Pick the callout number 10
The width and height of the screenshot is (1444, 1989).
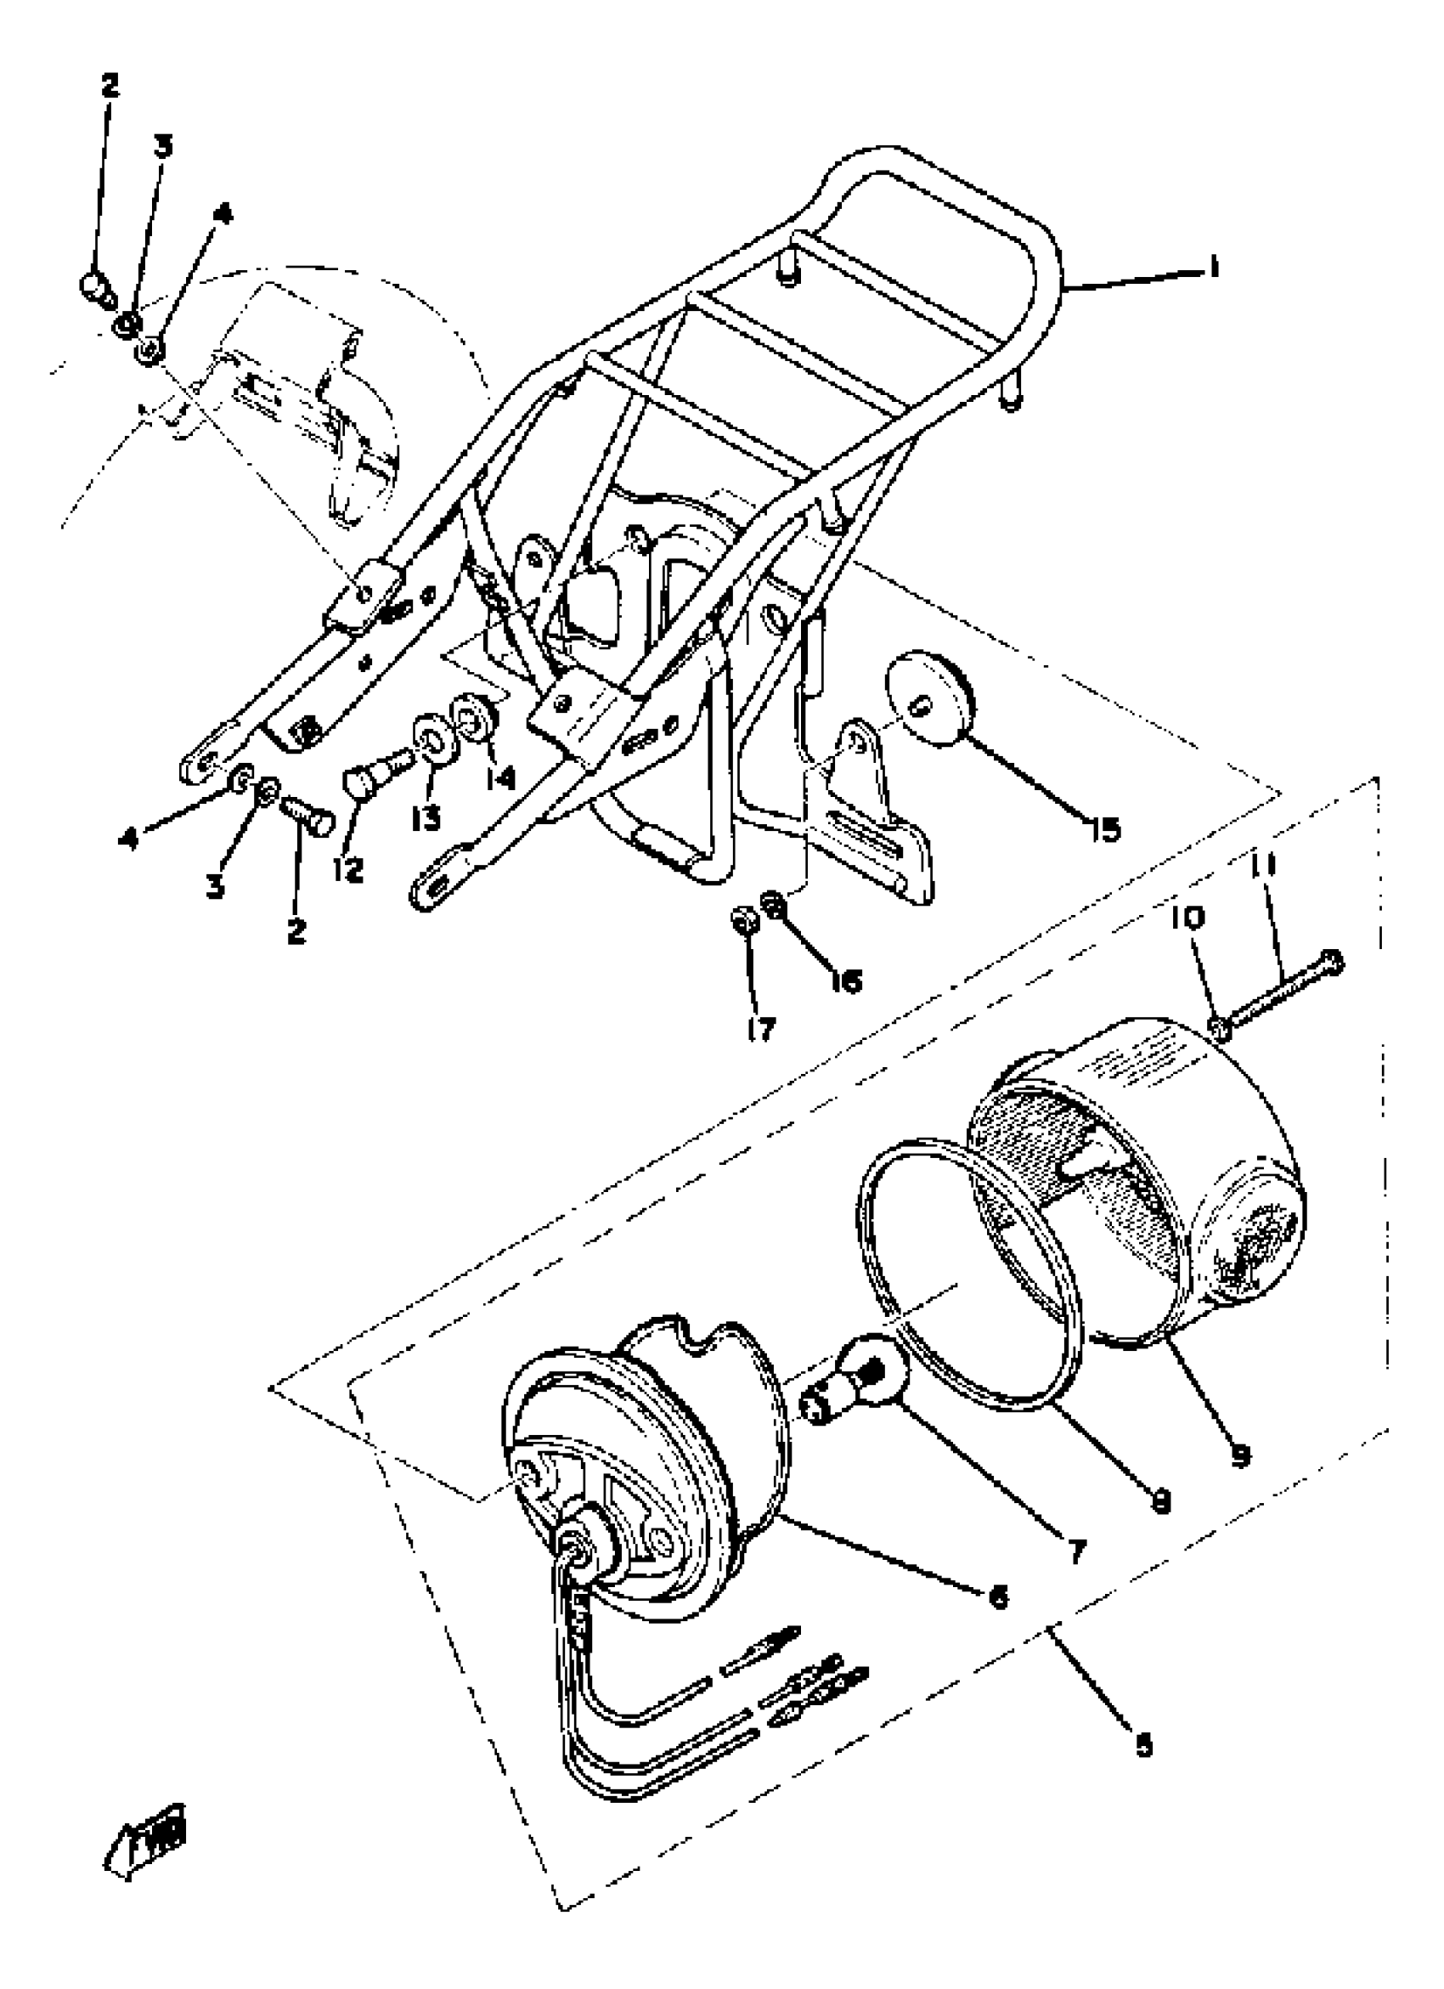pyautogui.click(x=1187, y=918)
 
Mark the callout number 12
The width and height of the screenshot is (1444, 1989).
pyautogui.click(x=348, y=870)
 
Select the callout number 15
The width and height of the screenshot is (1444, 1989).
pyautogui.click(x=1106, y=828)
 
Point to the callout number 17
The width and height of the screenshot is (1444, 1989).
pyautogui.click(x=761, y=1030)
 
